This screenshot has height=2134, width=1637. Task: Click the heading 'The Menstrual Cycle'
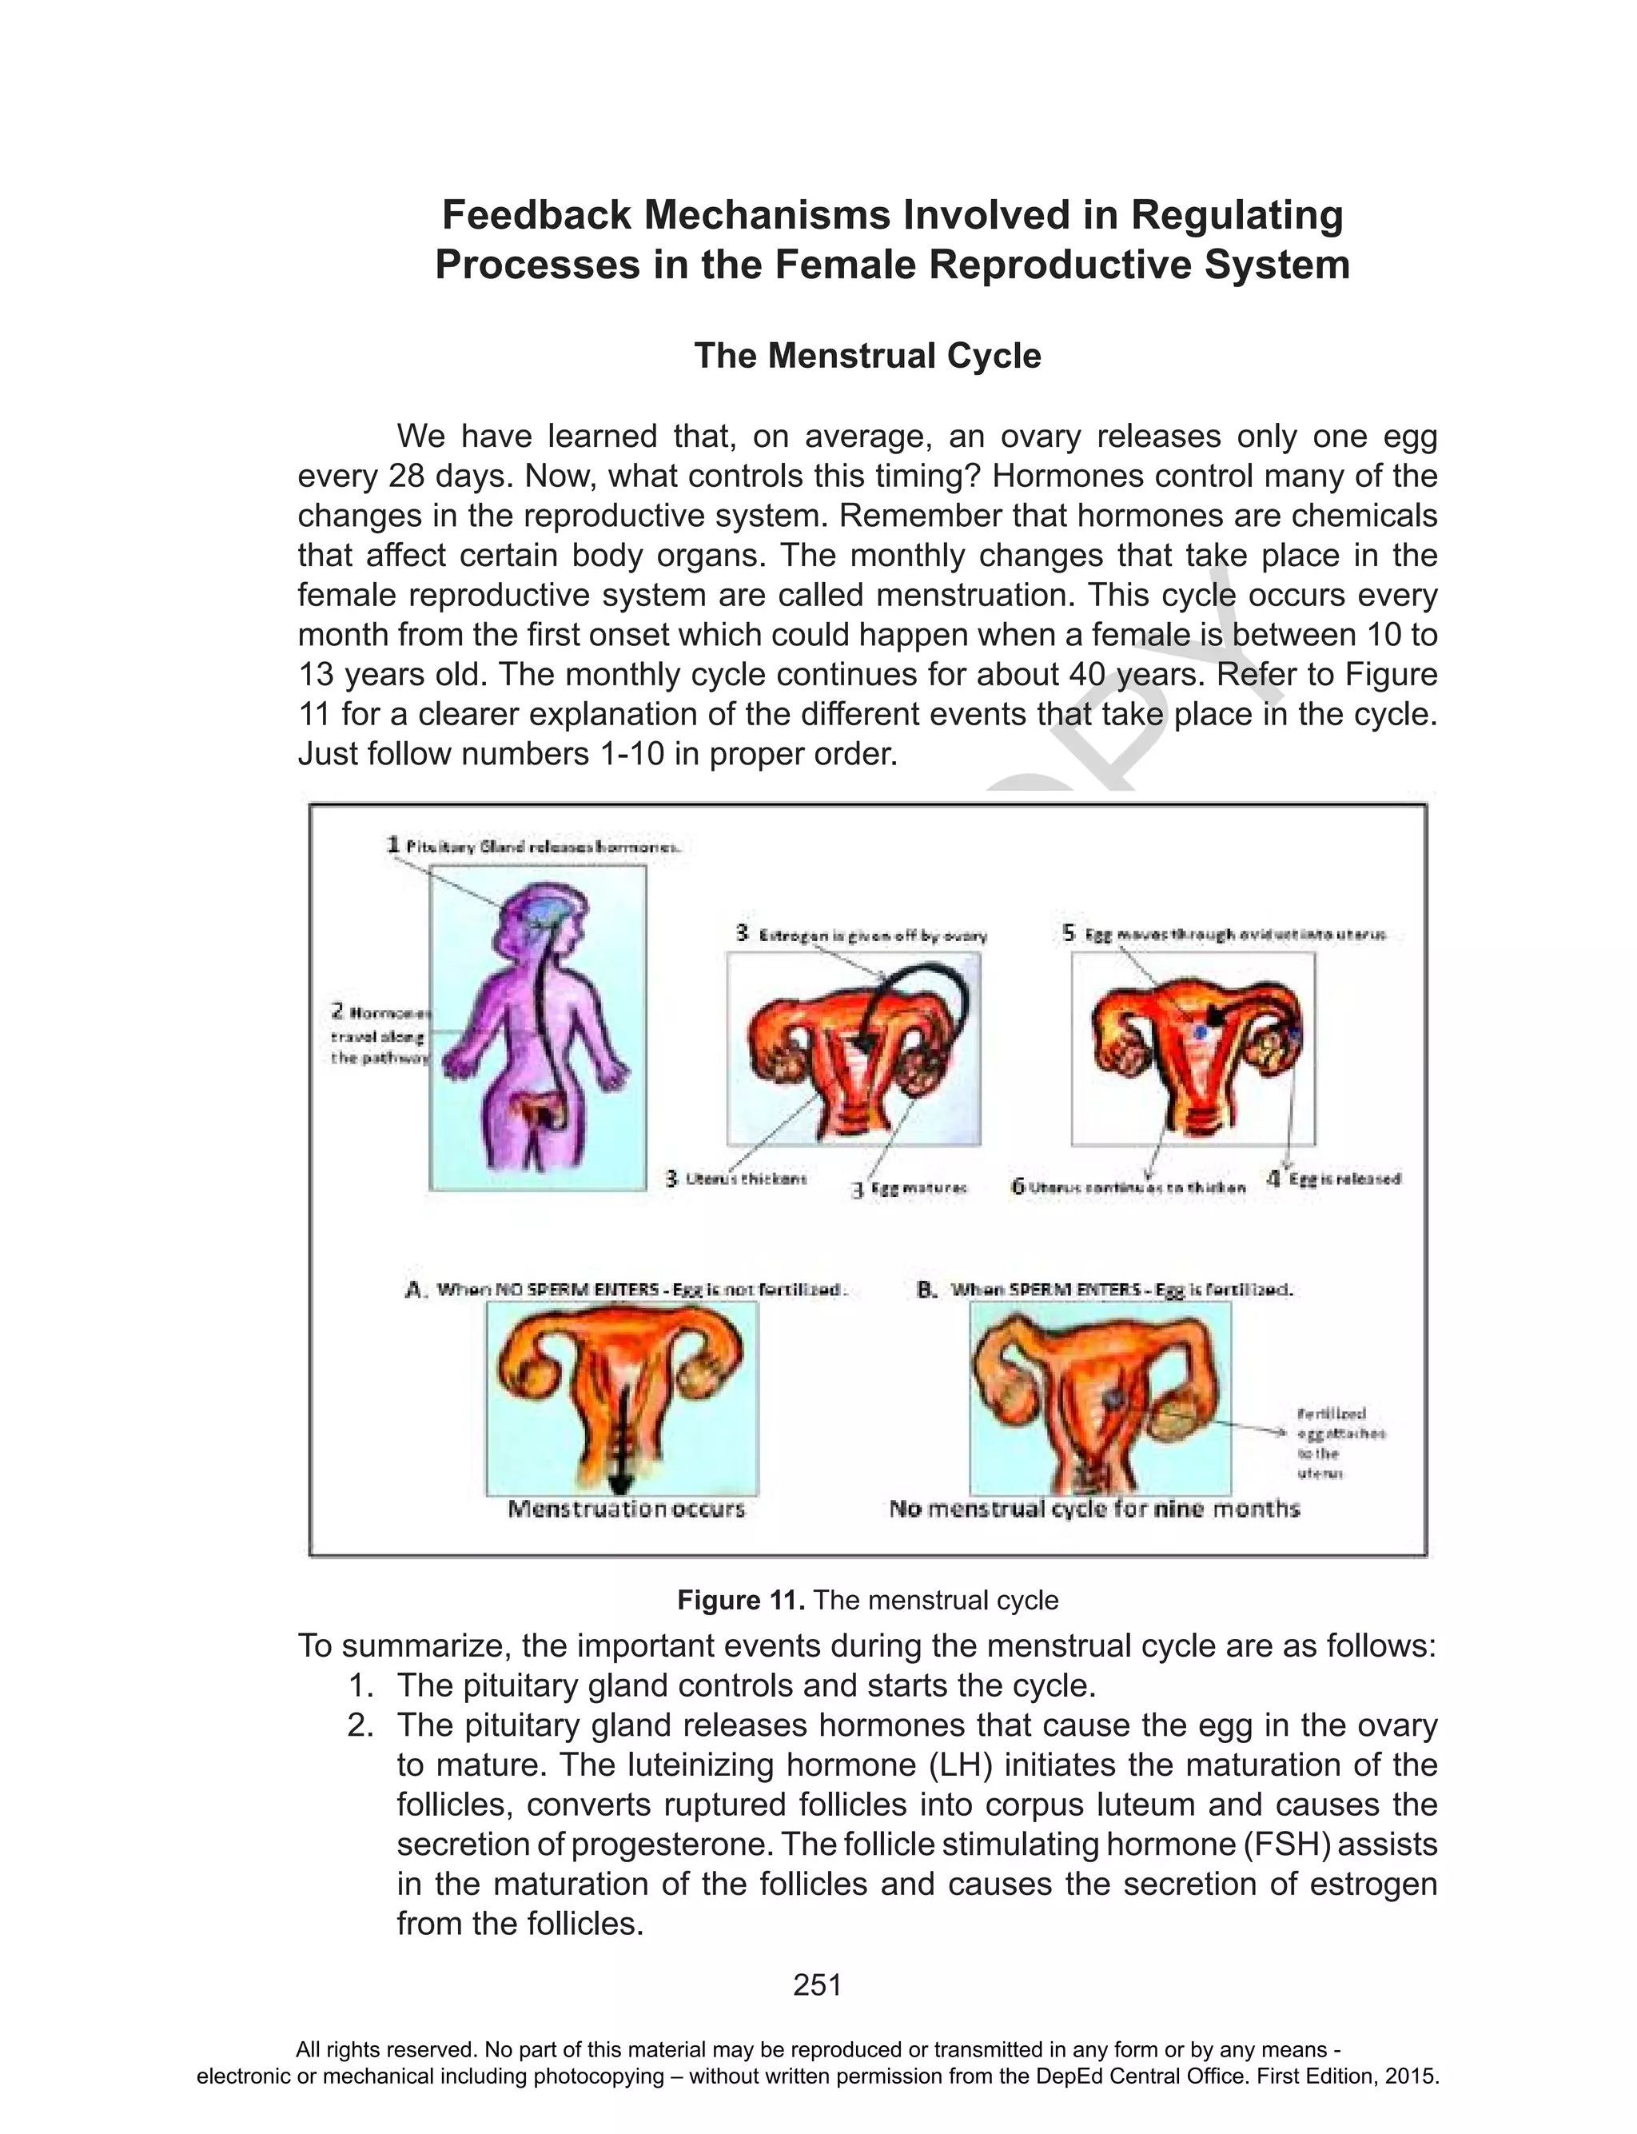click(867, 356)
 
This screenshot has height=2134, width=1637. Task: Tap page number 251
click(817, 1985)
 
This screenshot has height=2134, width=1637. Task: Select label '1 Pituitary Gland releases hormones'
click(534, 846)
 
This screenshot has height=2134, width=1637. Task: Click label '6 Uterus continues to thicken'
click(1129, 1187)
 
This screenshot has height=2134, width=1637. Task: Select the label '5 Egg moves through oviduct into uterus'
click(1224, 934)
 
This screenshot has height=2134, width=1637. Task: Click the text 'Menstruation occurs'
click(626, 1510)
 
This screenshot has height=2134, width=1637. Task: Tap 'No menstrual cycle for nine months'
click(1094, 1510)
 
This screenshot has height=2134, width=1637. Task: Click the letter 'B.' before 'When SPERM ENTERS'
click(926, 1290)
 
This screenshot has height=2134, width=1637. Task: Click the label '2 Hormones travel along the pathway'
click(380, 1037)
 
